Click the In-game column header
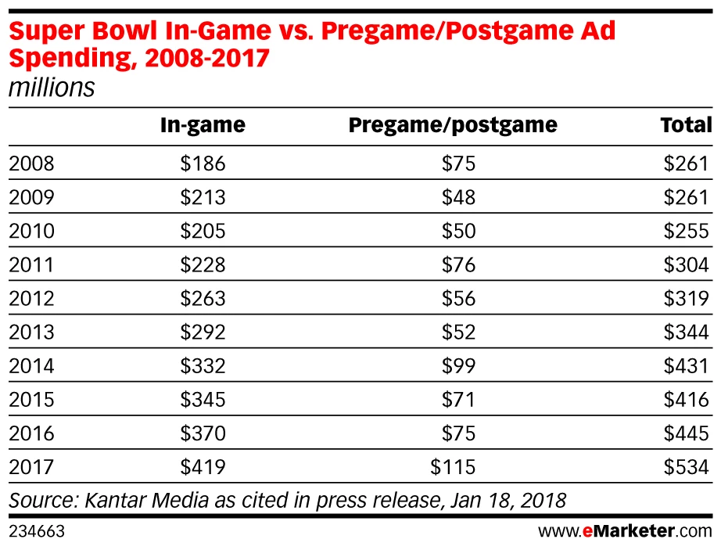pyautogui.click(x=203, y=125)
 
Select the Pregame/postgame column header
pyautogui.click(x=453, y=125)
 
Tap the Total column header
pyautogui.click(x=686, y=125)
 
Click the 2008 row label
pyautogui.click(x=31, y=164)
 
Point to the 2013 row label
pyautogui.click(x=31, y=332)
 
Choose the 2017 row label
pyautogui.click(x=31, y=467)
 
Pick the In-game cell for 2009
pyautogui.click(x=203, y=197)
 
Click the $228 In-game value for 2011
pyautogui.click(x=203, y=264)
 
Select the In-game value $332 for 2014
pyautogui.click(x=203, y=365)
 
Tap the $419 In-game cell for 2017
pyautogui.click(x=203, y=467)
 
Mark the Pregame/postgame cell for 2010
pyautogui.click(x=458, y=231)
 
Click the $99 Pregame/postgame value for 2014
pyautogui.click(x=458, y=365)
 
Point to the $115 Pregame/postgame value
pyautogui.click(x=453, y=467)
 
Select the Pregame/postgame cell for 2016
pyautogui.click(x=458, y=433)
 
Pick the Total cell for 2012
pyautogui.click(x=686, y=298)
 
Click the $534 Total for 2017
pyautogui.click(x=686, y=467)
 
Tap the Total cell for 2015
pyautogui.click(x=686, y=399)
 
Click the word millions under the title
pyautogui.click(x=51, y=88)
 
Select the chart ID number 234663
pyautogui.click(x=36, y=532)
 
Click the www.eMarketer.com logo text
pyautogui.click(x=625, y=531)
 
